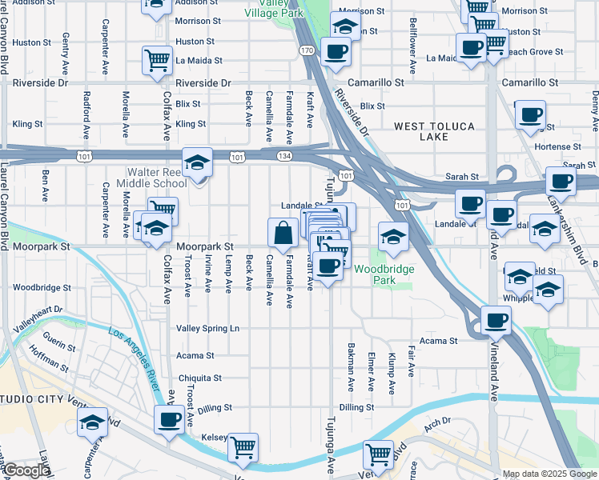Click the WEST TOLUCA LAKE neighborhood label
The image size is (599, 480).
[x=433, y=132]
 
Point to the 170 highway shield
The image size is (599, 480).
[x=308, y=51]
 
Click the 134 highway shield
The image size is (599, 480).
[x=284, y=158]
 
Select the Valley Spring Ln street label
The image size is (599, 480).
[x=207, y=329]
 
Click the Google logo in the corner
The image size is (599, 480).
[x=26, y=471]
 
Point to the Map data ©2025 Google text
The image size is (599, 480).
[x=549, y=474]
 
